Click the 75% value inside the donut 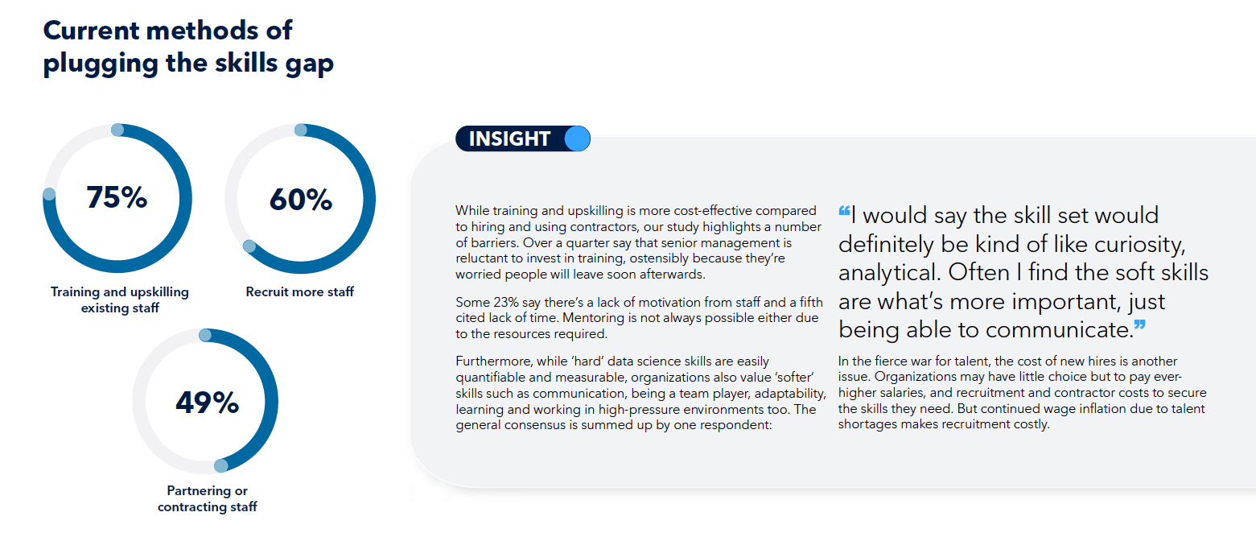click(117, 197)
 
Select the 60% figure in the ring click(301, 199)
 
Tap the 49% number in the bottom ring click(207, 403)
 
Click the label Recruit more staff click(299, 291)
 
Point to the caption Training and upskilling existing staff click(119, 299)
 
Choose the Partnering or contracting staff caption click(207, 498)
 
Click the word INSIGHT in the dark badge click(509, 138)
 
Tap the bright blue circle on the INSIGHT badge click(577, 138)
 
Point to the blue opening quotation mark click(844, 211)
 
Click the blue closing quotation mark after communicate click(1140, 325)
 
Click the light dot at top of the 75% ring click(117, 130)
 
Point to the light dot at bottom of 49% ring click(221, 465)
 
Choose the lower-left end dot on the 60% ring click(249, 246)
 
